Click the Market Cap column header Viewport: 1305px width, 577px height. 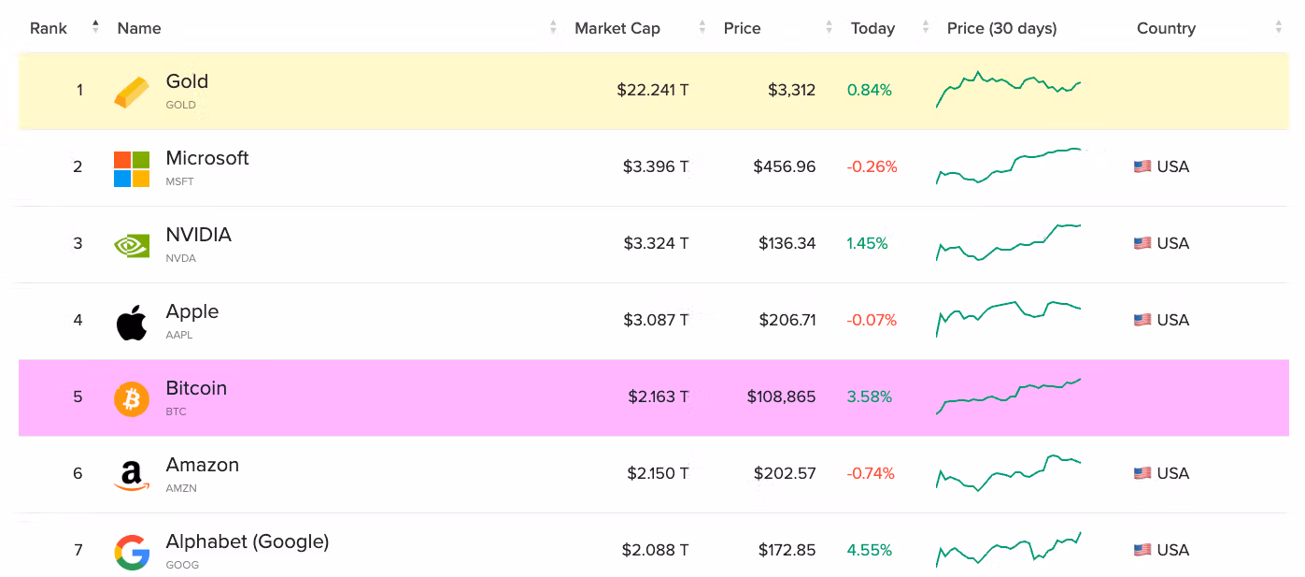pos(617,28)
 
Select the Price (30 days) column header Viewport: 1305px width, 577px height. pos(1001,28)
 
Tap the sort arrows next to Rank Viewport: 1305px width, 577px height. pos(95,27)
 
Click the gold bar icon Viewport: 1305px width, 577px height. pos(131,93)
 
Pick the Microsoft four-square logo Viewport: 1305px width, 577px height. pos(132,168)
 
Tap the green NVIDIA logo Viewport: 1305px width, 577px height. pos(132,246)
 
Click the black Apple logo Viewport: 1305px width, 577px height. pos(132,322)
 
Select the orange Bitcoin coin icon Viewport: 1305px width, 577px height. pos(132,399)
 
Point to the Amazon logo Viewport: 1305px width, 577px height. pos(132,475)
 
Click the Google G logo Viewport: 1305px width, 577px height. pos(132,552)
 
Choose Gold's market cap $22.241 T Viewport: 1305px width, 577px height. pos(652,90)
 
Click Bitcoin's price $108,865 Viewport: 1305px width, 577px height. pos(781,397)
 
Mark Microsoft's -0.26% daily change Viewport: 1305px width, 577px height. pos(872,166)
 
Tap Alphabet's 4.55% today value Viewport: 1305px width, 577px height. pos(870,550)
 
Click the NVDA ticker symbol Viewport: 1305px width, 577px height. pos(180,258)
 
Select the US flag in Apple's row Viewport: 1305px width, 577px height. pos(1142,320)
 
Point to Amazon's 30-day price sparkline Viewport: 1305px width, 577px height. pos(1008,472)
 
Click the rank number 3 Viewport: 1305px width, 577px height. pos(78,243)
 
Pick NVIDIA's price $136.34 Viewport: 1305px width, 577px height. pos(787,243)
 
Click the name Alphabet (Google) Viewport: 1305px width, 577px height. pos(247,542)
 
